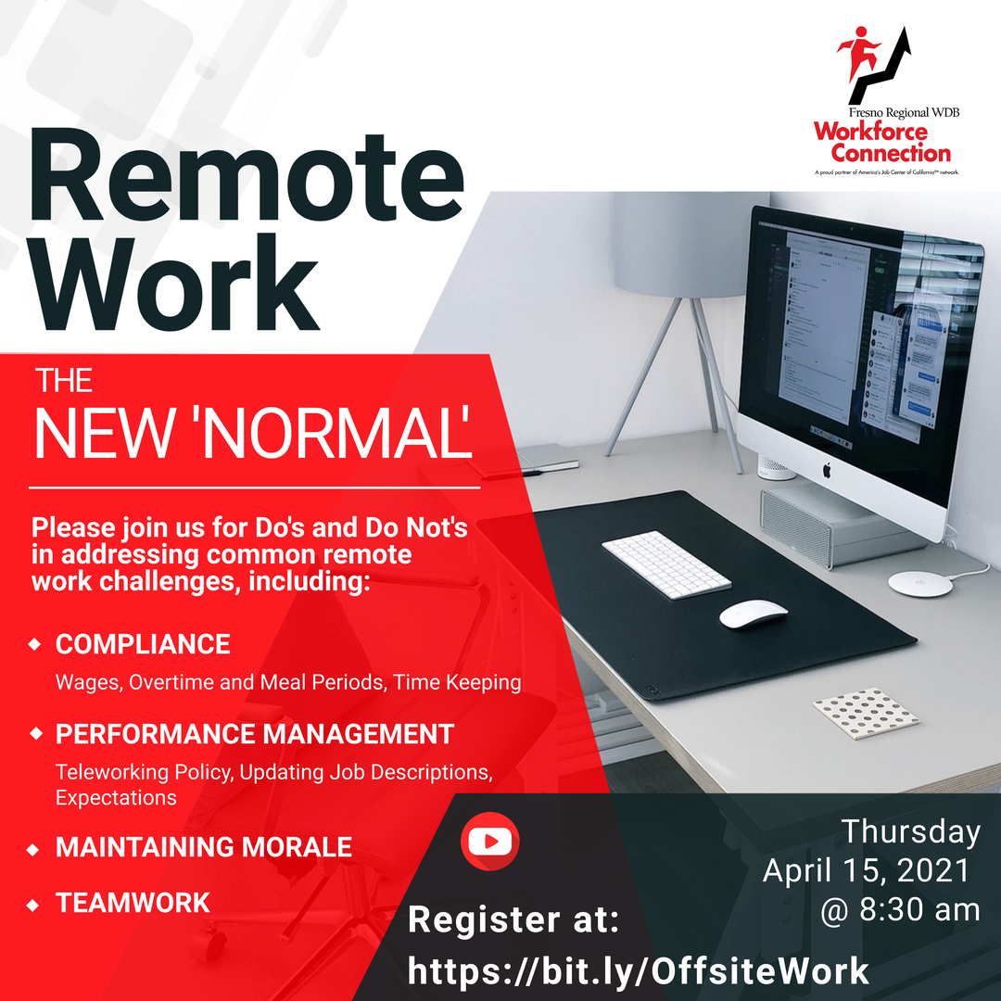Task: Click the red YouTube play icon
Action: coord(489,842)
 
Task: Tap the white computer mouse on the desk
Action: coord(754,614)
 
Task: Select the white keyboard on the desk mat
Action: coord(665,564)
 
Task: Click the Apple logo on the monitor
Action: coord(827,471)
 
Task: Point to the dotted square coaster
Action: coord(867,713)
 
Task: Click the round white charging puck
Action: coord(920,584)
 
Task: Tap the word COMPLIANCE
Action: coord(143,644)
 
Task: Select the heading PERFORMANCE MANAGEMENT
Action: coord(255,734)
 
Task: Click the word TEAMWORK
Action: coord(133,903)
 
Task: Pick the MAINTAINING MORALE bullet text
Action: coord(204,847)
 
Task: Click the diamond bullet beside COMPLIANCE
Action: coord(35,644)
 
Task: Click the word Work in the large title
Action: coord(174,282)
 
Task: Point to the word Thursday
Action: coord(910,832)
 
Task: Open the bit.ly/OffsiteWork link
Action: coord(639,971)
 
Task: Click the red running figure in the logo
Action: coord(858,52)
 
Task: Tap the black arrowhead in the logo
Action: coord(902,40)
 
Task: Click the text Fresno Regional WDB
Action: coord(904,112)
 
